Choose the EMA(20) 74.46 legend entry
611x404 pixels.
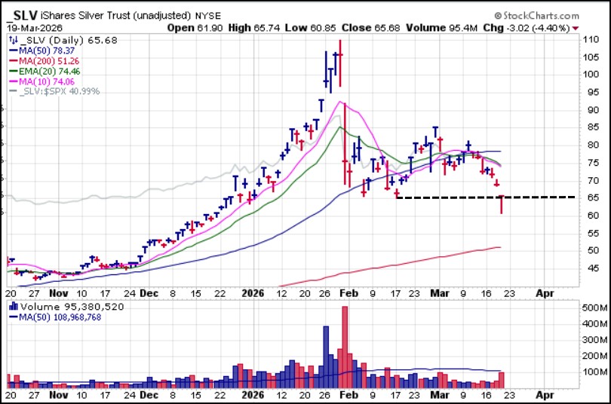click(x=55, y=72)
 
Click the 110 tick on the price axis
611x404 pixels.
click(x=589, y=39)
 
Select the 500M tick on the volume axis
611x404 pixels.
click(x=591, y=308)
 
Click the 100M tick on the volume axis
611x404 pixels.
click(x=591, y=372)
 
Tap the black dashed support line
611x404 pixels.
click(x=483, y=197)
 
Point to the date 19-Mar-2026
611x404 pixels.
click(x=35, y=29)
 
